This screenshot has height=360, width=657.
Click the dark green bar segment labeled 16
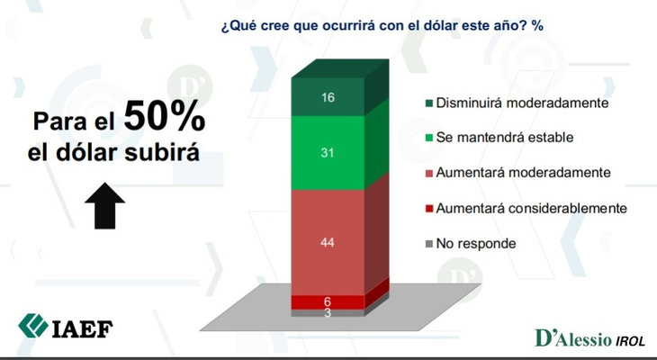point(328,97)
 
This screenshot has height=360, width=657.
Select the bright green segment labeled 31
point(328,152)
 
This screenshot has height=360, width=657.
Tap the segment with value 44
point(328,242)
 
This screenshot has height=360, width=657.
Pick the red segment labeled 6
point(328,302)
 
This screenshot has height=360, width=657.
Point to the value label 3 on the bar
point(328,313)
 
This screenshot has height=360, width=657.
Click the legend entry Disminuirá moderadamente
point(517,103)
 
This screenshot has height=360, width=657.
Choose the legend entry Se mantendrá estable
point(499,138)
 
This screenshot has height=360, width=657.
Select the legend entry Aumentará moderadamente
point(518,173)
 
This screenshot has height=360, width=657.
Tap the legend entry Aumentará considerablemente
point(526,208)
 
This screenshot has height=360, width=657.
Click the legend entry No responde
point(471,244)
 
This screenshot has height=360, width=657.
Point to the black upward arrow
point(104,205)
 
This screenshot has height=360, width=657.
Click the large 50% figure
point(164,116)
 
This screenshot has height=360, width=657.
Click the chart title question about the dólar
point(382,26)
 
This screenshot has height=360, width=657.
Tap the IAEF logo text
point(83,329)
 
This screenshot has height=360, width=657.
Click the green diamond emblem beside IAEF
point(33,326)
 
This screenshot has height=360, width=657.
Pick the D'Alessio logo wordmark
point(573,338)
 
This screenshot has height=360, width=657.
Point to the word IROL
point(630,341)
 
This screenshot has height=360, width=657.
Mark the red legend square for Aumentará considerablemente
point(429,208)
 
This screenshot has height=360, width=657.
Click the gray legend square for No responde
point(429,244)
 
